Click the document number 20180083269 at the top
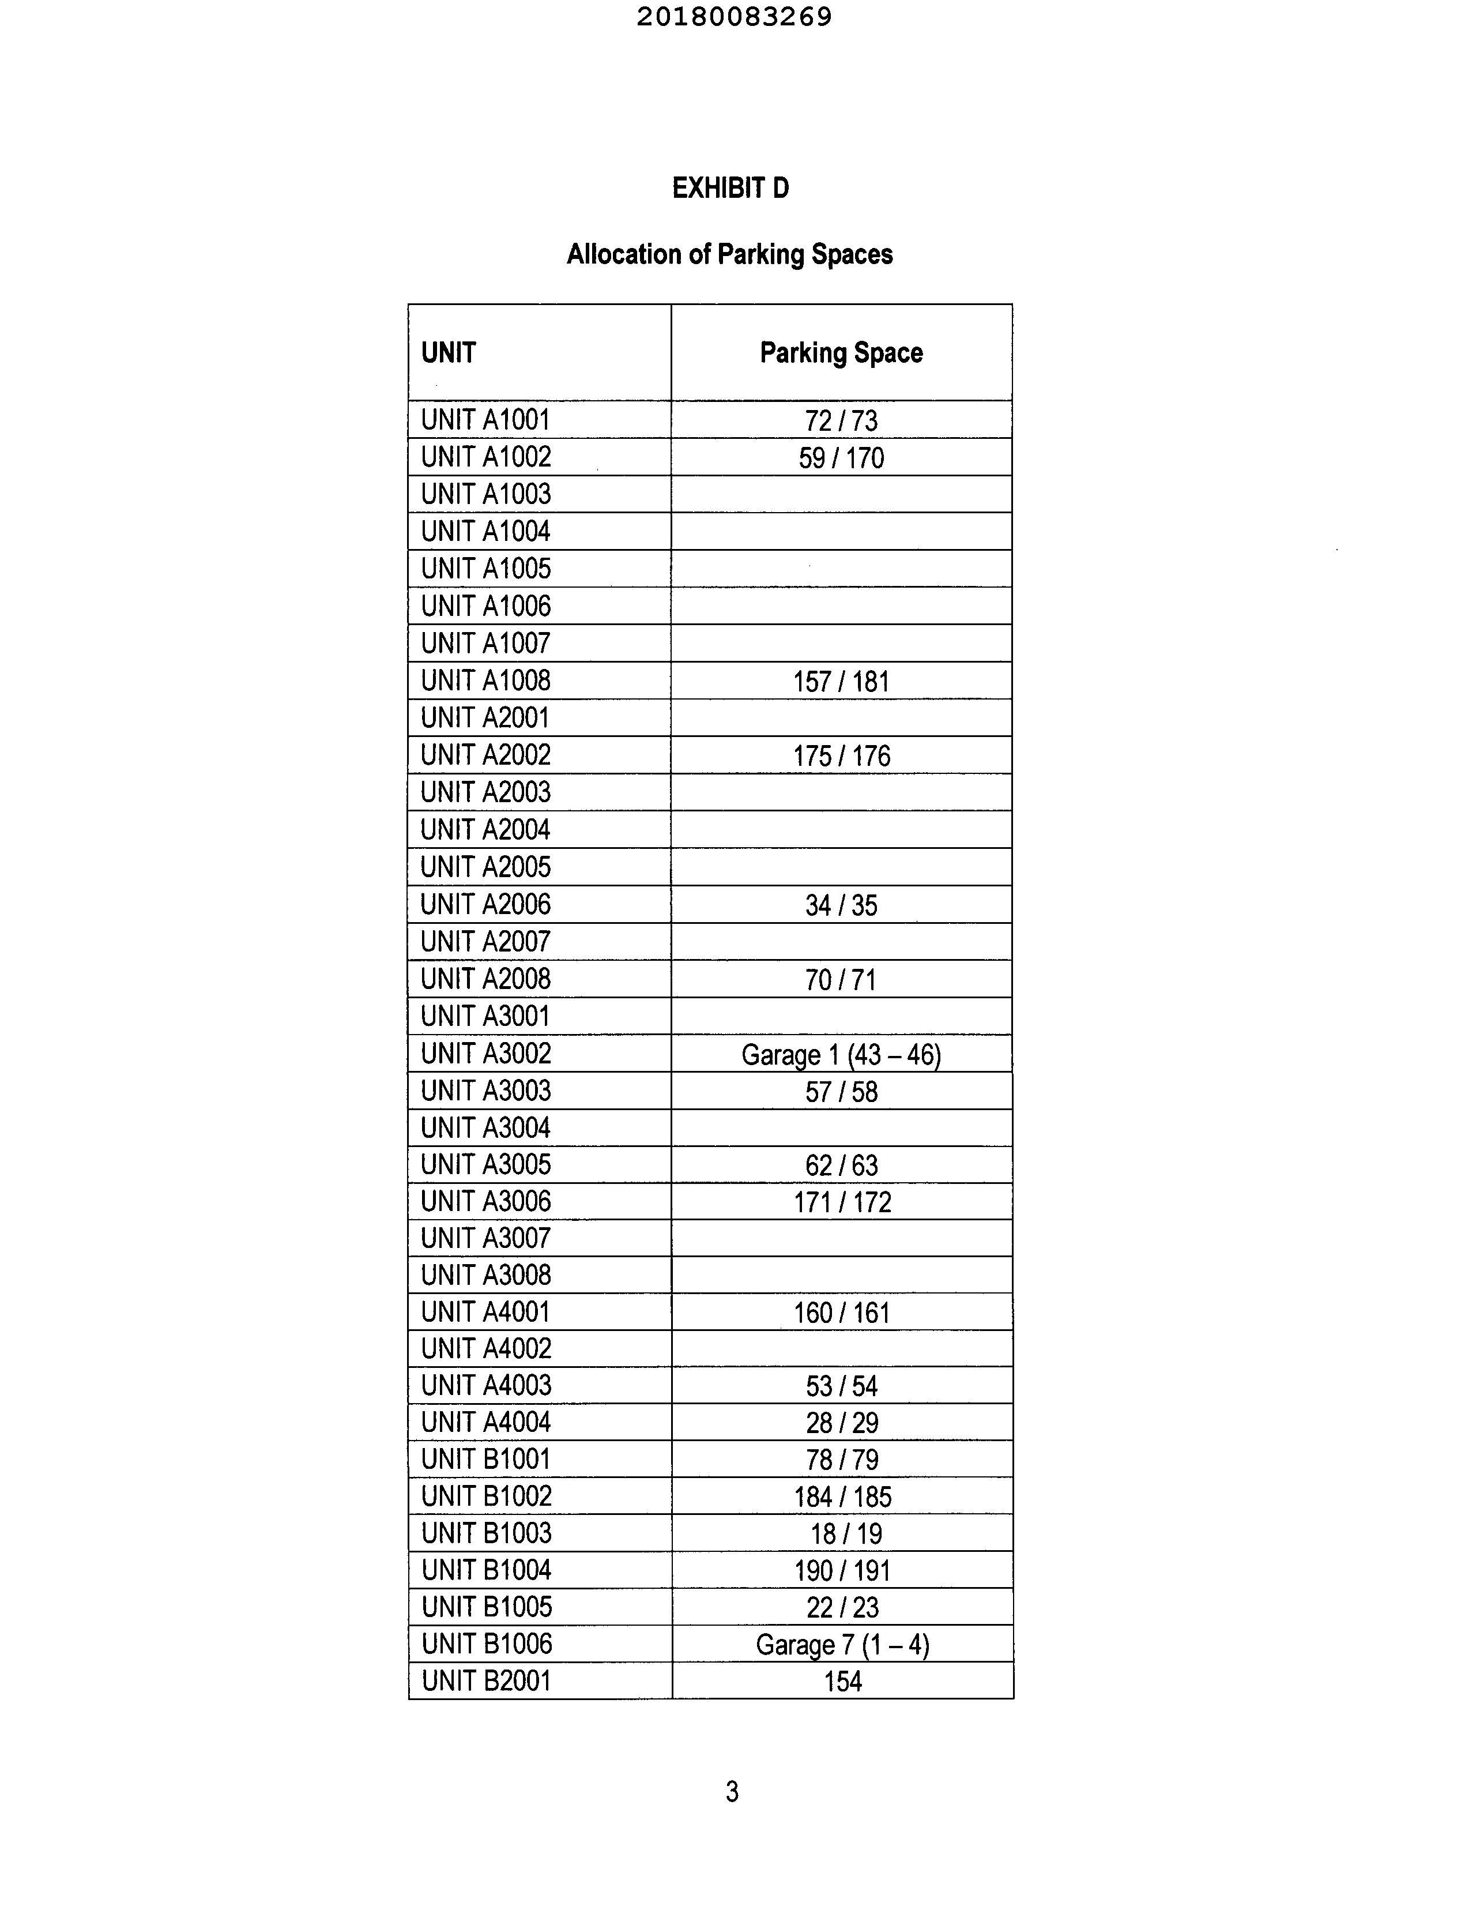click(733, 17)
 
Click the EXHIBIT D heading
click(730, 188)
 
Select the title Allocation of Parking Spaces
click(730, 254)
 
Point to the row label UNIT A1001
click(485, 420)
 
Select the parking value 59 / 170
click(841, 457)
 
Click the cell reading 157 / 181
click(841, 681)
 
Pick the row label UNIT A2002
click(485, 755)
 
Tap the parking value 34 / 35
click(841, 905)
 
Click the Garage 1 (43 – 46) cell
click(841, 1055)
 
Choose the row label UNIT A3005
click(485, 1165)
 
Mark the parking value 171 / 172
click(842, 1202)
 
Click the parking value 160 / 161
click(841, 1313)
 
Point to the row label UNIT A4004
click(485, 1422)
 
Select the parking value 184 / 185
click(842, 1497)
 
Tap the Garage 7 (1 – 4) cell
click(842, 1645)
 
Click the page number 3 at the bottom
click(732, 1792)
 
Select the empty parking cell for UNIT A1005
click(841, 569)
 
